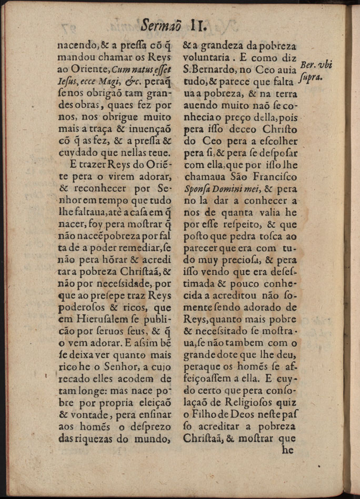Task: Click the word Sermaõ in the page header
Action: click(160, 24)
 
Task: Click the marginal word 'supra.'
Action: click(312, 79)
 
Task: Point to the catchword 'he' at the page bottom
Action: click(287, 450)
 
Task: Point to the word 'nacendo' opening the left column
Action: click(76, 44)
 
